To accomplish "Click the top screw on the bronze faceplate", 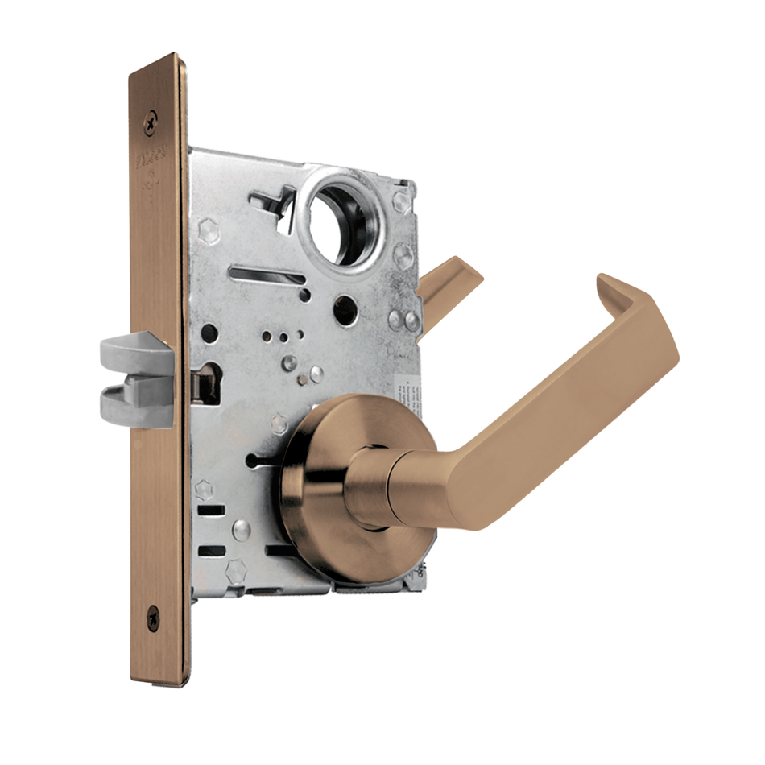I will coord(151,122).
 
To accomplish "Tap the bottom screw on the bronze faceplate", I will coord(153,618).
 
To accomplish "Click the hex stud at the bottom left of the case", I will coord(236,572).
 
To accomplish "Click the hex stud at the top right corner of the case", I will coord(402,201).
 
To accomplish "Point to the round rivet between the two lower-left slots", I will coord(240,530).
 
